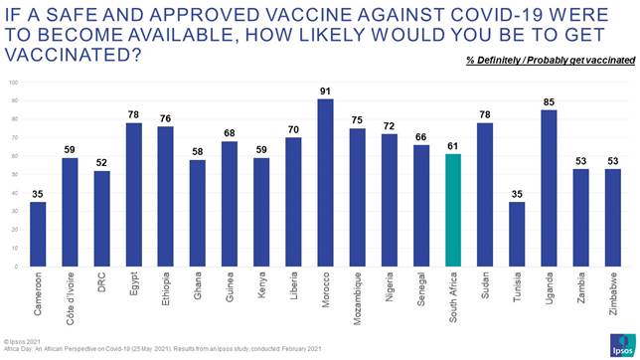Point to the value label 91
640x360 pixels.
(326, 90)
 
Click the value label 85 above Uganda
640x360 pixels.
(549, 101)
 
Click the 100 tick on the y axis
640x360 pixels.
(15, 84)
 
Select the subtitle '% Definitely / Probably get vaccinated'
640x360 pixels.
(550, 60)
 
